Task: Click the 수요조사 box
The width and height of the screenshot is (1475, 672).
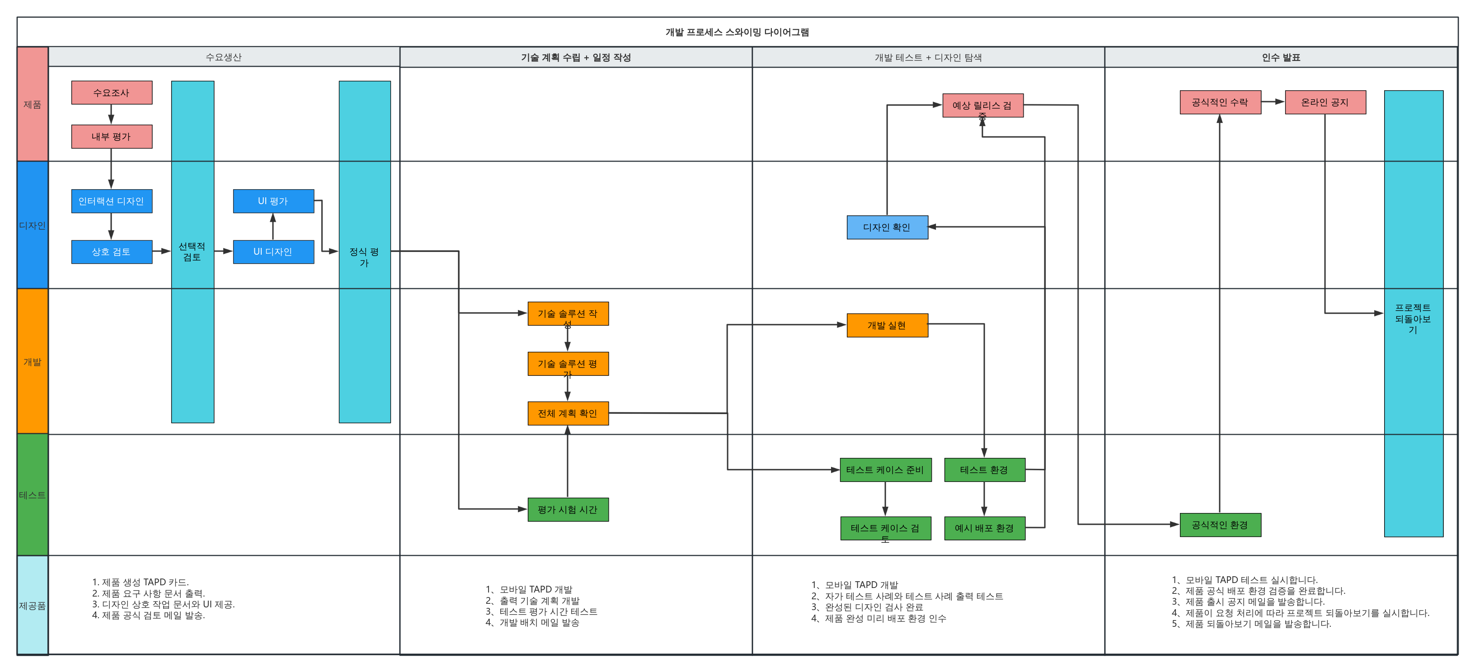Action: click(112, 93)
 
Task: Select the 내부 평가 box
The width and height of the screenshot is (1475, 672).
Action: click(112, 137)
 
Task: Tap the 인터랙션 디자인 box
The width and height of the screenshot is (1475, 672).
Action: click(112, 201)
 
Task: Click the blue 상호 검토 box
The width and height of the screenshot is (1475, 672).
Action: click(112, 252)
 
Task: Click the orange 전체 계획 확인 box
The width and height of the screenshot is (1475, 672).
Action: click(568, 413)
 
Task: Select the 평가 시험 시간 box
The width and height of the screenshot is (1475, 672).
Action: click(568, 509)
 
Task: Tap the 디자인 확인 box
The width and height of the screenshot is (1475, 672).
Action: click(888, 227)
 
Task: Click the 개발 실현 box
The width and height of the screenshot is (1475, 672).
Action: click(888, 325)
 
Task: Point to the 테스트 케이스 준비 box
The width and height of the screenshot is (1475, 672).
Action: click(886, 470)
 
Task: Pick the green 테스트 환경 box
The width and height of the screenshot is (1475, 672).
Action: click(985, 470)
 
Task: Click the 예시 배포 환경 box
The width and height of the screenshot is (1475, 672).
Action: click(985, 528)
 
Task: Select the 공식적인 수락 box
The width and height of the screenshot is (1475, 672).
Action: click(1220, 103)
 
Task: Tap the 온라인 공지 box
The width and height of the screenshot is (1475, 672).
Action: click(1325, 103)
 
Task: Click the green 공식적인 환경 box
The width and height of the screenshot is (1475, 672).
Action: click(1220, 525)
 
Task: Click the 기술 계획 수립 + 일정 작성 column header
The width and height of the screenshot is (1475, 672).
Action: click(576, 57)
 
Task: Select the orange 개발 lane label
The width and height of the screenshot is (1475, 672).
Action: click(33, 361)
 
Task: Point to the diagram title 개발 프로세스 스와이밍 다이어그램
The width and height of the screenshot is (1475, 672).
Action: click(737, 32)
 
